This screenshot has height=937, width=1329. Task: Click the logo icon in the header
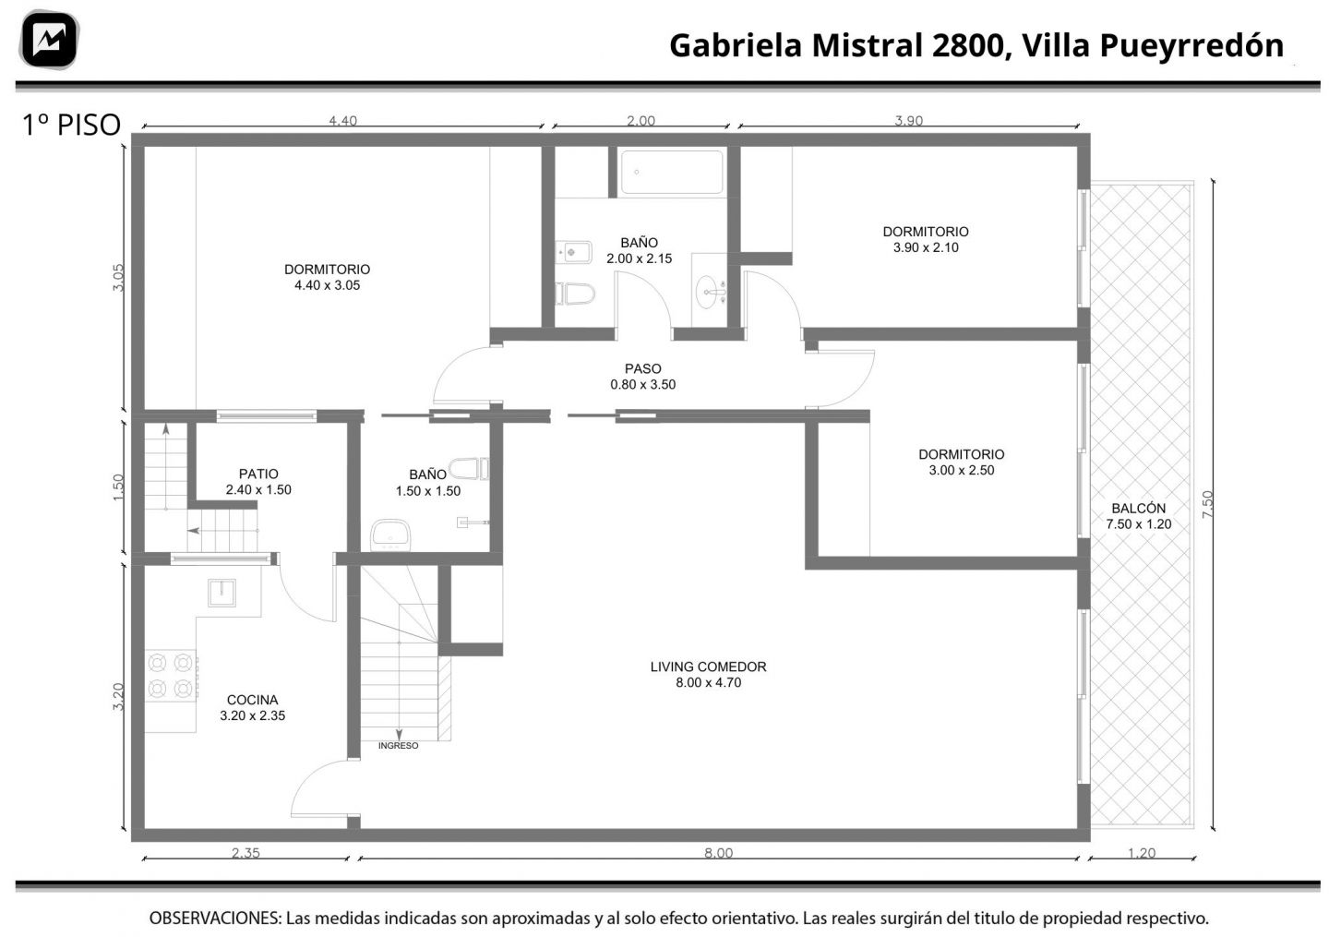[x=49, y=40]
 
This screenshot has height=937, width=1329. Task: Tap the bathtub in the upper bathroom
[x=672, y=172]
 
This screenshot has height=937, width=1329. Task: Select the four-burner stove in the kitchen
[x=171, y=675]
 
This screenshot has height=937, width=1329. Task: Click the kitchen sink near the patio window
[x=221, y=593]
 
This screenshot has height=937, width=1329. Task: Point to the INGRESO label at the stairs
[x=398, y=746]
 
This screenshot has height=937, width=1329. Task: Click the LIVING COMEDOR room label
[x=708, y=667]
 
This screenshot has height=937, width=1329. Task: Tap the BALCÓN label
[x=1138, y=508]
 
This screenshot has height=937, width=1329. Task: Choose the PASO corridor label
[x=642, y=368]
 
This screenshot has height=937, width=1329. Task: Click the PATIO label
[x=258, y=474]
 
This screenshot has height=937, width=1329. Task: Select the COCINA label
[x=252, y=700]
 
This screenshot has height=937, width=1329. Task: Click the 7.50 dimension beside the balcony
[x=1208, y=504]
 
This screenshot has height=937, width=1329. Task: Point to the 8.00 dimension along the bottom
[x=718, y=853]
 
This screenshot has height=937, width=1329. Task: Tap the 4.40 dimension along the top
[x=343, y=120]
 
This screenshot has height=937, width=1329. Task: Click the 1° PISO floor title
[x=71, y=125]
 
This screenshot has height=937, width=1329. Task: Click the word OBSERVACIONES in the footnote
[x=215, y=918]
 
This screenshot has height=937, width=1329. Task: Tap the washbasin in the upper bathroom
[x=711, y=292]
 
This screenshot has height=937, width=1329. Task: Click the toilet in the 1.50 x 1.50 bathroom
[x=469, y=469]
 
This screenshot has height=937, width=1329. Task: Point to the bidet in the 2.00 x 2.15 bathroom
[x=573, y=252]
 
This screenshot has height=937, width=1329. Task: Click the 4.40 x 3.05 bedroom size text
[x=327, y=285]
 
